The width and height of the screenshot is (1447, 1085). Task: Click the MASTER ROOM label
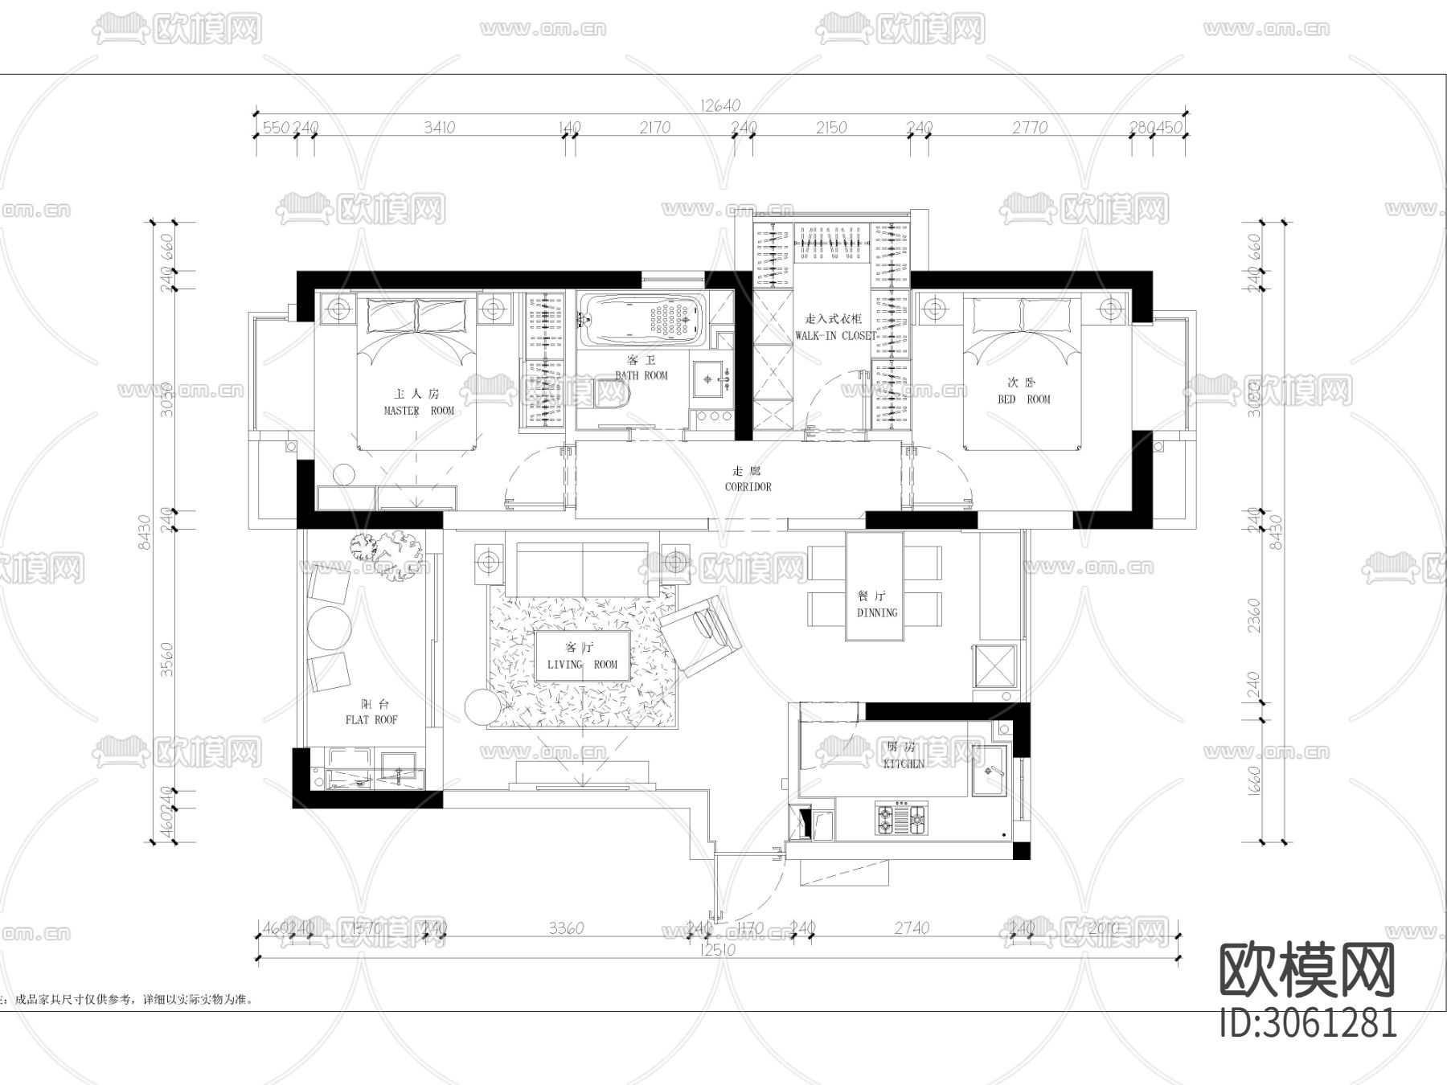pos(419,410)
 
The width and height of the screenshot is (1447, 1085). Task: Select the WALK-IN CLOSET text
pos(835,335)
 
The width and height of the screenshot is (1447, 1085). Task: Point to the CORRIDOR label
pos(748,486)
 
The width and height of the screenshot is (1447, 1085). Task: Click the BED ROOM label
pos(1024,399)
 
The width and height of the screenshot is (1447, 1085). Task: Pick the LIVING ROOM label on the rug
pos(582,664)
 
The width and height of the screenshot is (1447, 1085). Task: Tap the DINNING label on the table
pos(876,612)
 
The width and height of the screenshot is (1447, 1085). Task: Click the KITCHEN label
pos(904,764)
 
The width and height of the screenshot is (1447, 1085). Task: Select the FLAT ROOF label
pos(371,719)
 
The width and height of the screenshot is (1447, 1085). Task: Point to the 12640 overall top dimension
pos(720,105)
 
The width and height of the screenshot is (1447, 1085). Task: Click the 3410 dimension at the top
pos(439,127)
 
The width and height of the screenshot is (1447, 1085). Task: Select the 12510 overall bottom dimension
pos(719,949)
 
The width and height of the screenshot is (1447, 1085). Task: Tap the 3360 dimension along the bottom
pos(566,928)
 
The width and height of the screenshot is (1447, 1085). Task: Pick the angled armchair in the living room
pos(701,632)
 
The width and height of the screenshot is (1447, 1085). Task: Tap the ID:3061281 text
pos(1308,1022)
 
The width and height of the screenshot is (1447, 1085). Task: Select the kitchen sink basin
pos(990,771)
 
